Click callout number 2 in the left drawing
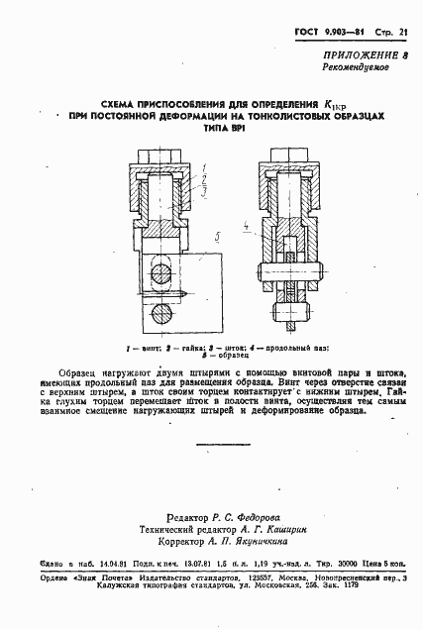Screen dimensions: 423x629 coord(201,179)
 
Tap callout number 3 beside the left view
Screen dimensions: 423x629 coord(201,191)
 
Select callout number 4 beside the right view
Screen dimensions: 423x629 coord(244,227)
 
